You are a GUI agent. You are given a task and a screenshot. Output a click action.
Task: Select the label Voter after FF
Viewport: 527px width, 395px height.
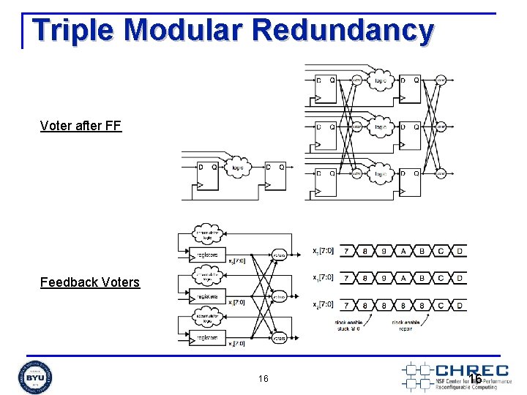tap(81, 126)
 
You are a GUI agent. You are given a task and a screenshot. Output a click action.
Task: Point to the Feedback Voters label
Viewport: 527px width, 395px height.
tap(89, 282)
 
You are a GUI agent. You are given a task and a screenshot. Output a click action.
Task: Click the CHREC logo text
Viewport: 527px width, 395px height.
tap(471, 370)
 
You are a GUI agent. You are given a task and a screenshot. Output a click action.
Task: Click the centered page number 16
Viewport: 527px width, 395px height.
tap(263, 378)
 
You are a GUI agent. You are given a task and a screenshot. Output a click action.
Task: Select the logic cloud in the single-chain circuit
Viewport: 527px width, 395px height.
tap(239, 168)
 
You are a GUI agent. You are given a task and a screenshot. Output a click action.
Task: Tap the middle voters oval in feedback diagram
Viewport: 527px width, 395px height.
tap(278, 297)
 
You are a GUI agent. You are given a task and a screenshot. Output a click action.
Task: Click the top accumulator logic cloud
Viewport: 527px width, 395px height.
tap(209, 235)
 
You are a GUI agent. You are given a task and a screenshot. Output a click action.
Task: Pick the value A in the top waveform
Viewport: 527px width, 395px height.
tap(402, 252)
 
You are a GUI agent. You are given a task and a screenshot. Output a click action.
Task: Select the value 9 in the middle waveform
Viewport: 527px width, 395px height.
tap(383, 278)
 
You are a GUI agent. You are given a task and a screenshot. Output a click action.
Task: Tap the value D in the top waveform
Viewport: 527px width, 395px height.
tap(459, 252)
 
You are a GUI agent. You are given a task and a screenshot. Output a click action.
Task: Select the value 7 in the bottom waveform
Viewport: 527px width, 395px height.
tap(345, 304)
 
